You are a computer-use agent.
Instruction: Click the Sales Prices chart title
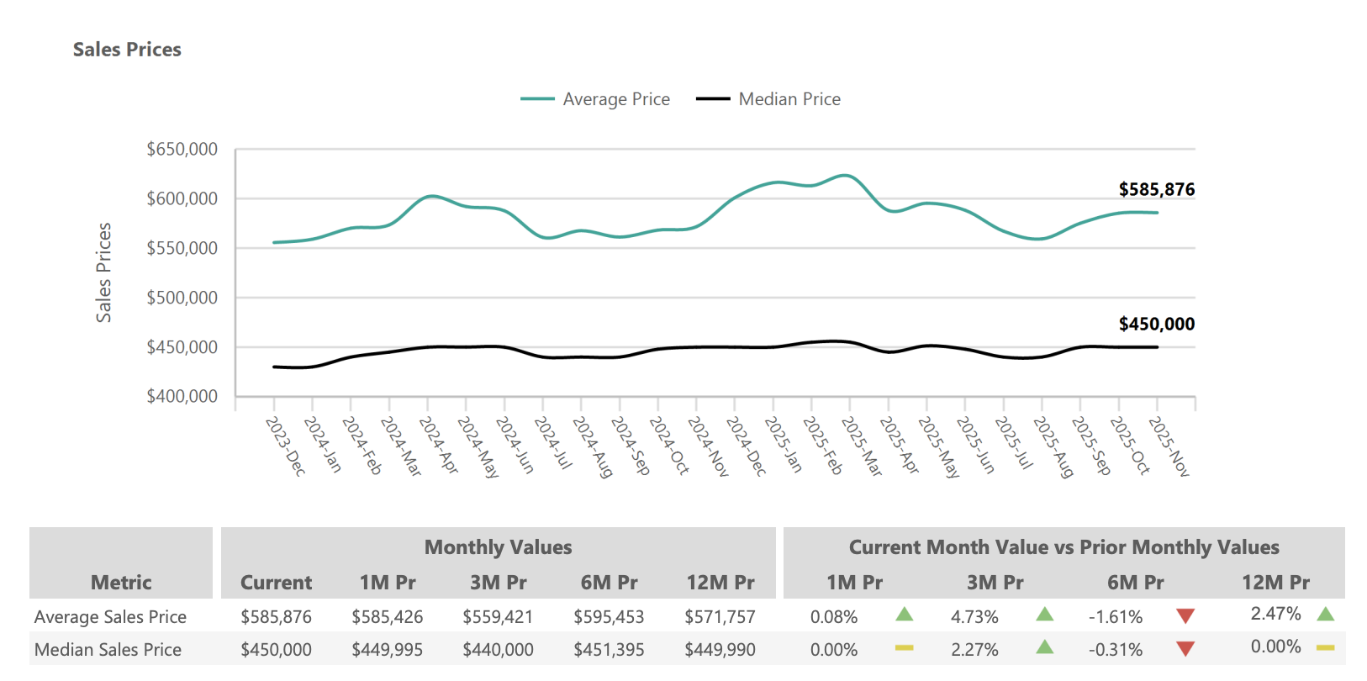(x=127, y=50)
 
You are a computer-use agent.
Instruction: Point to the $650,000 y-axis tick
(x=182, y=150)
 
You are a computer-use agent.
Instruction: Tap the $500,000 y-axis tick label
(x=182, y=298)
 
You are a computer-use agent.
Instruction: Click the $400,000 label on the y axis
(x=182, y=396)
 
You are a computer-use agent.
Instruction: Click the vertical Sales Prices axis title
(x=103, y=272)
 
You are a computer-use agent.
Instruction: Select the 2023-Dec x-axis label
(x=285, y=446)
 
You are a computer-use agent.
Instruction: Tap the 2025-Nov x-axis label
(x=1169, y=446)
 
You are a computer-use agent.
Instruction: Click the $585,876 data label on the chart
(x=1156, y=190)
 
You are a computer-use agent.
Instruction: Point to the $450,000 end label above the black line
(x=1156, y=325)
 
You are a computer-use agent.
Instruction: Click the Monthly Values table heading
(x=498, y=547)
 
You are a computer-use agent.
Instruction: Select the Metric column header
(x=121, y=583)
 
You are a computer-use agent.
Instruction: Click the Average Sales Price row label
(x=110, y=617)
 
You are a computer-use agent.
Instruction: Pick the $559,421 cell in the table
(x=498, y=617)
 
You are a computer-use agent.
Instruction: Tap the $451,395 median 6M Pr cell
(x=609, y=650)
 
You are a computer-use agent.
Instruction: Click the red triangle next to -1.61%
(x=1185, y=616)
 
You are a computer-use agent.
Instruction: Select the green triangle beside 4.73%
(x=1044, y=615)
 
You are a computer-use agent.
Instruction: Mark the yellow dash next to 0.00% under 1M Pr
(x=904, y=647)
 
